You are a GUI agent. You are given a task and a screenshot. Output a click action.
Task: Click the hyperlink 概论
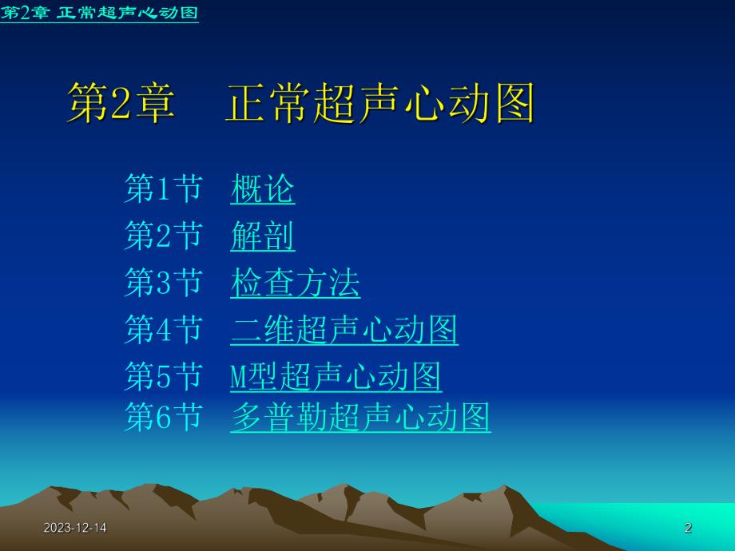[263, 189]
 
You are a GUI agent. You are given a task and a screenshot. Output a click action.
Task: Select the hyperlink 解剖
[263, 236]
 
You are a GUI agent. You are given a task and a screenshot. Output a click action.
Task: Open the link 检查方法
[295, 283]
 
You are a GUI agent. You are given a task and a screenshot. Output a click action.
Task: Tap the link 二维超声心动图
[344, 330]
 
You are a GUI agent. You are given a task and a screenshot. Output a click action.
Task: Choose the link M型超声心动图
[336, 377]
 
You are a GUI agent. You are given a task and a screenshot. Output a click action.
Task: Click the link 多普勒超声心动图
[360, 417]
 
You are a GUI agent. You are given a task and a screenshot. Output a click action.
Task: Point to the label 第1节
[163, 189]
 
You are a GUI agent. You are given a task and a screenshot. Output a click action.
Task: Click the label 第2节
[163, 236]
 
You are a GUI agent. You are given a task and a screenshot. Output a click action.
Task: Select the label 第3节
[163, 283]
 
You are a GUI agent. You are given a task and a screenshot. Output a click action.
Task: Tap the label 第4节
[163, 330]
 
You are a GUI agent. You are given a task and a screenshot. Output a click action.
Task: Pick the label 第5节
[163, 377]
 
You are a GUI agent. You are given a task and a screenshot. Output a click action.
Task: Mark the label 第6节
[163, 417]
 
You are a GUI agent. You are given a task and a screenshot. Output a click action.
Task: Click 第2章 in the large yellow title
[120, 103]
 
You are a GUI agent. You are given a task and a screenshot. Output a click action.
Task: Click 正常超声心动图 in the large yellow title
[379, 103]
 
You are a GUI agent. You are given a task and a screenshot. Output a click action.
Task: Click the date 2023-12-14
[75, 528]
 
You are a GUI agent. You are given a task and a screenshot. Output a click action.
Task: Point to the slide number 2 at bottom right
[688, 528]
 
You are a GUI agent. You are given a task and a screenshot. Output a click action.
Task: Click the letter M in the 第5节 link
[237, 377]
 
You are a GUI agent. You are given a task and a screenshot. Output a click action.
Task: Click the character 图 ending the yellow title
[512, 103]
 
